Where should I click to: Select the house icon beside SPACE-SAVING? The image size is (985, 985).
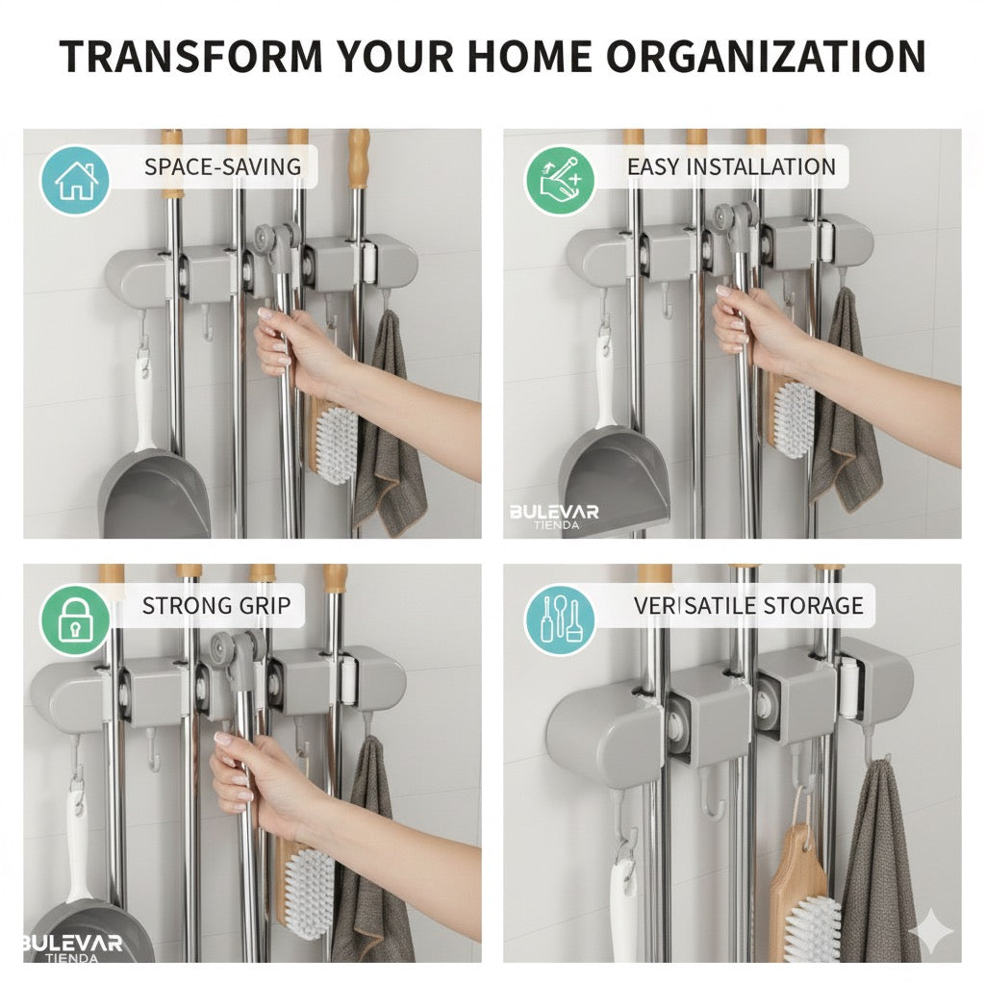click(75, 180)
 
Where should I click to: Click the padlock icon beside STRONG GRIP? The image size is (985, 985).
click(75, 619)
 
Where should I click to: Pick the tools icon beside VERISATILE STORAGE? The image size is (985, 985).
click(560, 619)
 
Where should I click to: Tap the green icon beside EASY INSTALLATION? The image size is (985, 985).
click(560, 180)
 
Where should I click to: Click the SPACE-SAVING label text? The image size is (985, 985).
click(222, 167)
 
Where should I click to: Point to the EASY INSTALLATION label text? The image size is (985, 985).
click(731, 167)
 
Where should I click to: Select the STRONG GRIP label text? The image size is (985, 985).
click(216, 606)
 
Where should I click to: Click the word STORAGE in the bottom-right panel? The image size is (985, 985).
click(813, 606)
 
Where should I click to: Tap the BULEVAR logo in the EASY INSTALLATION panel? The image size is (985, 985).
click(554, 517)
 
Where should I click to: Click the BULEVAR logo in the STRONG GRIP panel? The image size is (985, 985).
click(72, 947)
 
